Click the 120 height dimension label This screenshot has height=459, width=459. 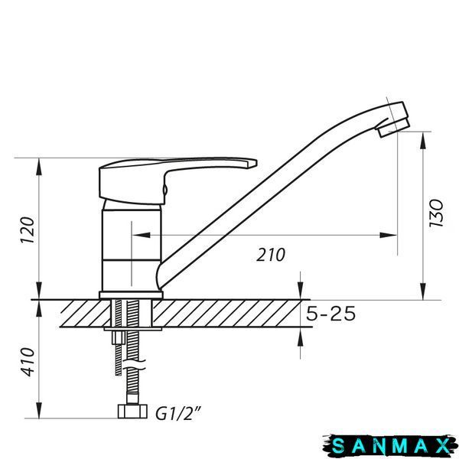(28, 229)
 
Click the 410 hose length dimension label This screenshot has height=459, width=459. (28, 362)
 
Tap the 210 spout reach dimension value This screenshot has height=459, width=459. (271, 255)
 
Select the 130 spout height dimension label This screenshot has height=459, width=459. (436, 213)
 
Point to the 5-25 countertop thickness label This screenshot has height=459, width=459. (330, 314)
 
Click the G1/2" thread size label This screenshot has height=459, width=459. (178, 414)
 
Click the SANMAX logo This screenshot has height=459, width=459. (390, 446)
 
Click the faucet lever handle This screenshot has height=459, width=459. (176, 178)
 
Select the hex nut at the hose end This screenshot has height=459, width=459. (132, 411)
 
